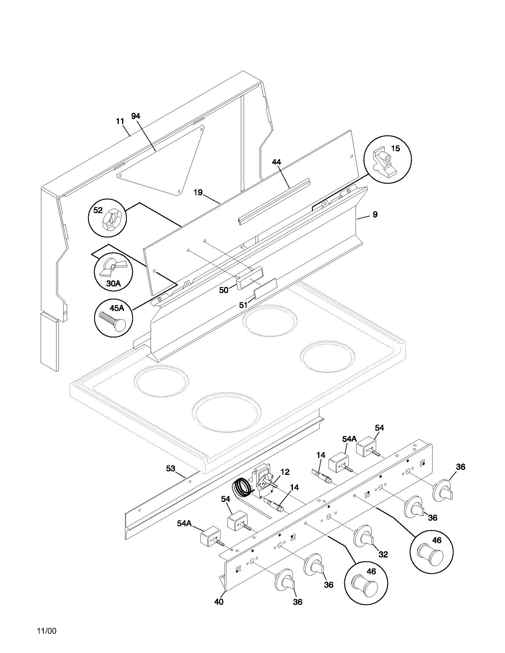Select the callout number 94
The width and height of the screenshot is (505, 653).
[135, 116]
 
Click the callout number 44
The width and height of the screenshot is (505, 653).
[277, 162]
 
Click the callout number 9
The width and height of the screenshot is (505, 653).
[375, 214]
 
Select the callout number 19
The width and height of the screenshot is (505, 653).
[198, 192]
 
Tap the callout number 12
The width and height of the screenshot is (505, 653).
[285, 472]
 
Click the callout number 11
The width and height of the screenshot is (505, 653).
[120, 121]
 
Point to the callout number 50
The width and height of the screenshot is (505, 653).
[223, 290]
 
